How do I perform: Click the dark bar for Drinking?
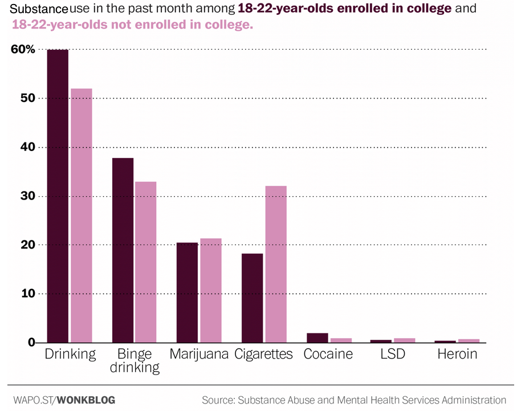58,196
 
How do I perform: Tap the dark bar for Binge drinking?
123,250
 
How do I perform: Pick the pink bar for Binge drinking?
145,262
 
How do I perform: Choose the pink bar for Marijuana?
210,291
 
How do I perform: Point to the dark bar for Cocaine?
317,337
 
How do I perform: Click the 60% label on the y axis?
23,50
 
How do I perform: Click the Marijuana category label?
199,354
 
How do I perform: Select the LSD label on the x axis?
393,354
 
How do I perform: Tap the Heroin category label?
457,354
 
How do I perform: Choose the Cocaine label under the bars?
328,354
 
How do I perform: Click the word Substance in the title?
35,10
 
